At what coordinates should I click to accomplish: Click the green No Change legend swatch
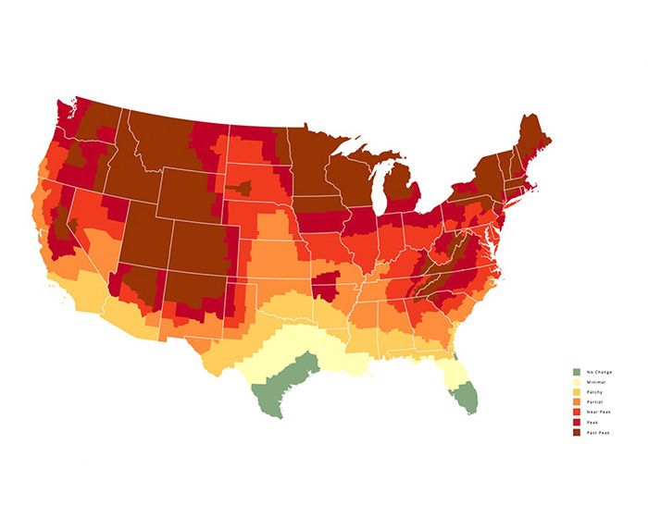pos(575,371)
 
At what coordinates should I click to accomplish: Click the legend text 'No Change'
pos(593,371)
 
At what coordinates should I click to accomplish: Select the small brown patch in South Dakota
pos(243,187)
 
